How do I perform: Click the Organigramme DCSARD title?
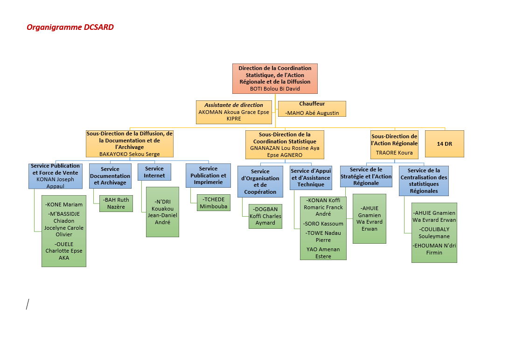(70, 27)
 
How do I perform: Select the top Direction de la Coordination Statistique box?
(275, 78)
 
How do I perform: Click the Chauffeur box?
(312, 108)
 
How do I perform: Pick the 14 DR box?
(444, 144)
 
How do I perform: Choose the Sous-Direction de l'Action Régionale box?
(394, 145)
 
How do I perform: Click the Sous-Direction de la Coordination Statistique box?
(285, 145)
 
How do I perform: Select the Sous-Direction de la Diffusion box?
(130, 144)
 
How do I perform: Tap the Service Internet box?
(154, 172)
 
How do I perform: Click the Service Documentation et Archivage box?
(110, 176)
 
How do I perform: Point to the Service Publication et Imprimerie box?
(208, 175)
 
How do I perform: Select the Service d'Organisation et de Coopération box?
(260, 182)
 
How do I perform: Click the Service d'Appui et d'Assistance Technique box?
(311, 177)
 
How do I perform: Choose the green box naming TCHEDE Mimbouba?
(213, 203)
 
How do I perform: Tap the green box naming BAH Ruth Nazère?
(116, 204)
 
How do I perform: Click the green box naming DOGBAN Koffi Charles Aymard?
(265, 216)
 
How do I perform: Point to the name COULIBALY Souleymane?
(434, 233)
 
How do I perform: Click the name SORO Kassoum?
(324, 224)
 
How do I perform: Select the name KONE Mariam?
(64, 205)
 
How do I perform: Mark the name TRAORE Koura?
(394, 153)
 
